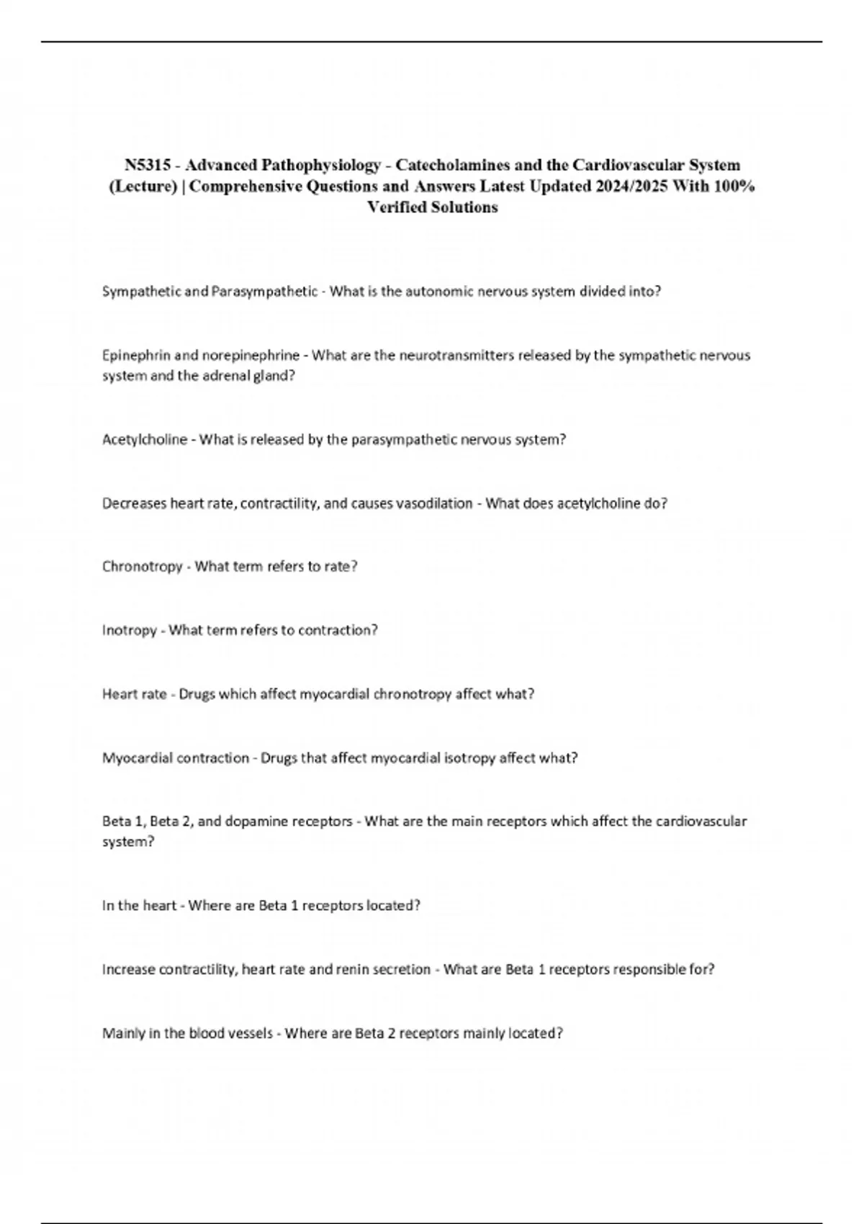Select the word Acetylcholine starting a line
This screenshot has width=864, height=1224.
pyautogui.click(x=144, y=440)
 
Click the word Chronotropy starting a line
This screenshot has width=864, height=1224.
pyautogui.click(x=142, y=567)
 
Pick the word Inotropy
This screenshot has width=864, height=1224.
pyautogui.click(x=129, y=631)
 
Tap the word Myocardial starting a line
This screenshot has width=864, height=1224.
pyautogui.click(x=138, y=758)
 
